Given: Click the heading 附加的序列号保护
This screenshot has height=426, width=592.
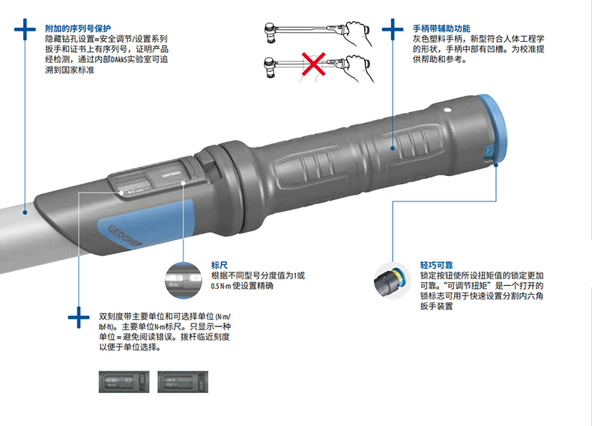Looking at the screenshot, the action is click(x=78, y=28).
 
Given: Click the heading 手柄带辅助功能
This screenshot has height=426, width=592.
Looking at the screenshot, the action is click(x=441, y=28).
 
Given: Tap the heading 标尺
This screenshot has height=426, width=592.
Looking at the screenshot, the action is click(x=220, y=265).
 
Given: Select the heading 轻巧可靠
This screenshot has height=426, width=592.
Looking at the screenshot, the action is click(x=436, y=265).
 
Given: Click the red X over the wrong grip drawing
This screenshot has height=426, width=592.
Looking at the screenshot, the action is click(x=313, y=64).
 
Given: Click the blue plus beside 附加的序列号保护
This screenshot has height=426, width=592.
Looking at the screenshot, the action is click(x=25, y=29).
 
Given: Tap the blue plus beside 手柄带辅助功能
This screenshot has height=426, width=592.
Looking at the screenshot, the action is click(x=393, y=29).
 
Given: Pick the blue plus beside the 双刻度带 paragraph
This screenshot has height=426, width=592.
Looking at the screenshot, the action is click(x=79, y=317).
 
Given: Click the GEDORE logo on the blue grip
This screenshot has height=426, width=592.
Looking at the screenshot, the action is click(x=125, y=236).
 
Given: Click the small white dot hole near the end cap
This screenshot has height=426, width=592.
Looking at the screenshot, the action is click(x=448, y=110).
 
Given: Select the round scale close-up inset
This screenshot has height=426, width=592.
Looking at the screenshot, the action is click(x=184, y=280).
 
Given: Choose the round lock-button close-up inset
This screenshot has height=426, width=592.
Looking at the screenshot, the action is click(x=392, y=281).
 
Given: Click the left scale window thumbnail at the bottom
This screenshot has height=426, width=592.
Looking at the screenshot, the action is click(x=124, y=382).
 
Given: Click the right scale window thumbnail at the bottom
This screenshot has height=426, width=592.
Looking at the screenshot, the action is click(x=183, y=382).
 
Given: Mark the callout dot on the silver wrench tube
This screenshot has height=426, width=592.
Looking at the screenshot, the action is click(x=25, y=213).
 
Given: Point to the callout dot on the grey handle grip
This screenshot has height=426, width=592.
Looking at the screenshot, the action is click(x=393, y=148).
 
